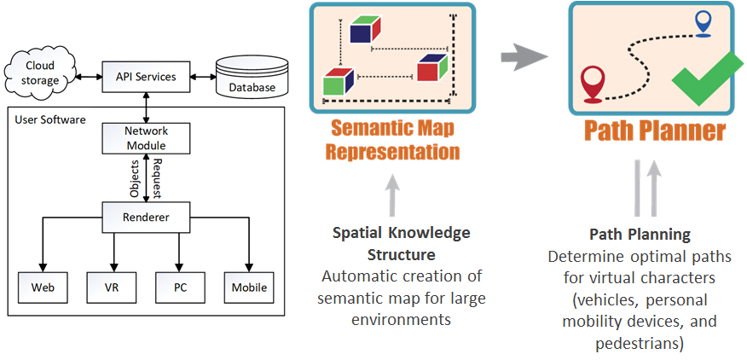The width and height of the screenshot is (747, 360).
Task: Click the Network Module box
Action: pos(146,137)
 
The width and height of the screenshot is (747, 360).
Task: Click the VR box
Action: pos(110,287)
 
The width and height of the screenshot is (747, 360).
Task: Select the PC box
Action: pos(180,287)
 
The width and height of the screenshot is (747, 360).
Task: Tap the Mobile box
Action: pos(249,287)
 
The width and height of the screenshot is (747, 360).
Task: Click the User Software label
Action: pos(50,119)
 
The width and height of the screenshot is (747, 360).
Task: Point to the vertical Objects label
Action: pos(135,177)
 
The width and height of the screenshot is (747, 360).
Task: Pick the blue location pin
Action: pos(703,22)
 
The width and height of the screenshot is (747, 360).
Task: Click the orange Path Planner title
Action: pos(654,131)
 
